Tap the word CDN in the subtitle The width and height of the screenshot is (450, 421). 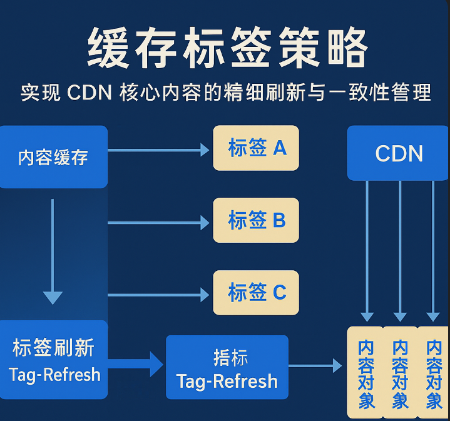[89, 94]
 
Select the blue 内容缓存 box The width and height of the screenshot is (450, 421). [53, 156]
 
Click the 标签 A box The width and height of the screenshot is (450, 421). [256, 148]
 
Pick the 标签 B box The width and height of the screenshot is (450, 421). [256, 220]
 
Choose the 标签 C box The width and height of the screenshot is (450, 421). [256, 292]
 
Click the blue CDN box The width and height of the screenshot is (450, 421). [399, 153]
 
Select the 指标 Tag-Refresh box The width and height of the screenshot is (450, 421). [227, 367]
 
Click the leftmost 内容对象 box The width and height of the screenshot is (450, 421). [366, 373]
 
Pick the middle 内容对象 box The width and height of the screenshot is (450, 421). [400, 373]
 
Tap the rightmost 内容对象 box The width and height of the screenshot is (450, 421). [434, 373]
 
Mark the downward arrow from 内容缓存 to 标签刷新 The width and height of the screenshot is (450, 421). [53, 250]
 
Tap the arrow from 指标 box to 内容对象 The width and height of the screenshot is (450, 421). [315, 365]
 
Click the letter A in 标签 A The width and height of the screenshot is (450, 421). [279, 148]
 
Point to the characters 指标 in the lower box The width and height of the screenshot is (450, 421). [230, 357]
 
